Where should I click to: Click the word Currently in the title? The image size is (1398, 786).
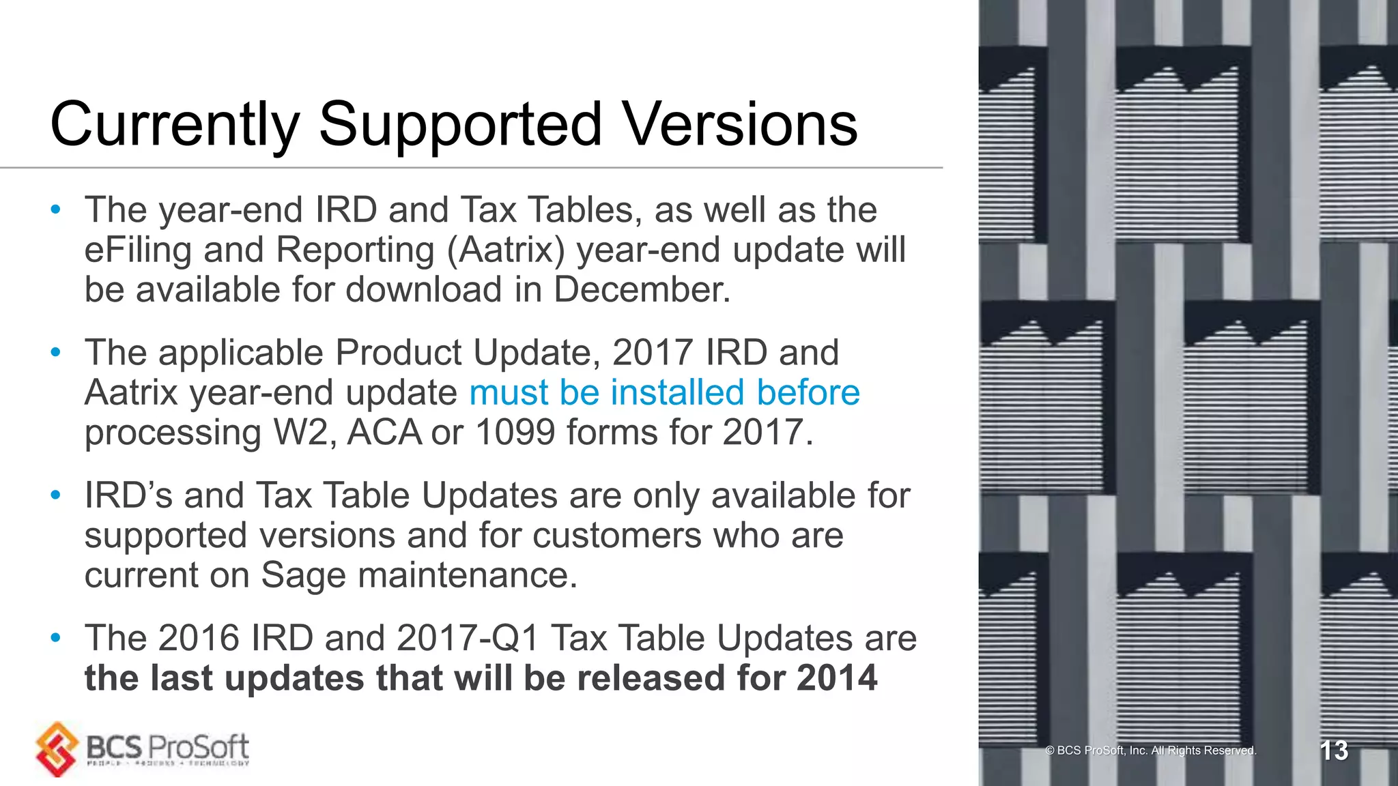tap(175, 126)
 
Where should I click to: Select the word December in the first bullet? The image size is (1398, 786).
tap(641, 289)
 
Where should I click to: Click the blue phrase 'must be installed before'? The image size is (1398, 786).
tap(664, 392)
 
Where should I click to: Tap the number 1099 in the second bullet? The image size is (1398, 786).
tap(515, 433)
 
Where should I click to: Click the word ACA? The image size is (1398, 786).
tap(384, 433)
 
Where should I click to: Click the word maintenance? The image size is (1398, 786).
tap(468, 575)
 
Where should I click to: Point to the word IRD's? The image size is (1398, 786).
tap(128, 495)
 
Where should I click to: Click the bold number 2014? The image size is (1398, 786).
tap(837, 678)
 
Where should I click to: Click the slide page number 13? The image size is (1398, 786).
tap(1333, 751)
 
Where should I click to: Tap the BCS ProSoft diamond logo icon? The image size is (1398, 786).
tap(57, 749)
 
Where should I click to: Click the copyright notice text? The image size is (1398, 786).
tap(1150, 751)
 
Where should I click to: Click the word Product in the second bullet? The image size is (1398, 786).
tap(399, 353)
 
